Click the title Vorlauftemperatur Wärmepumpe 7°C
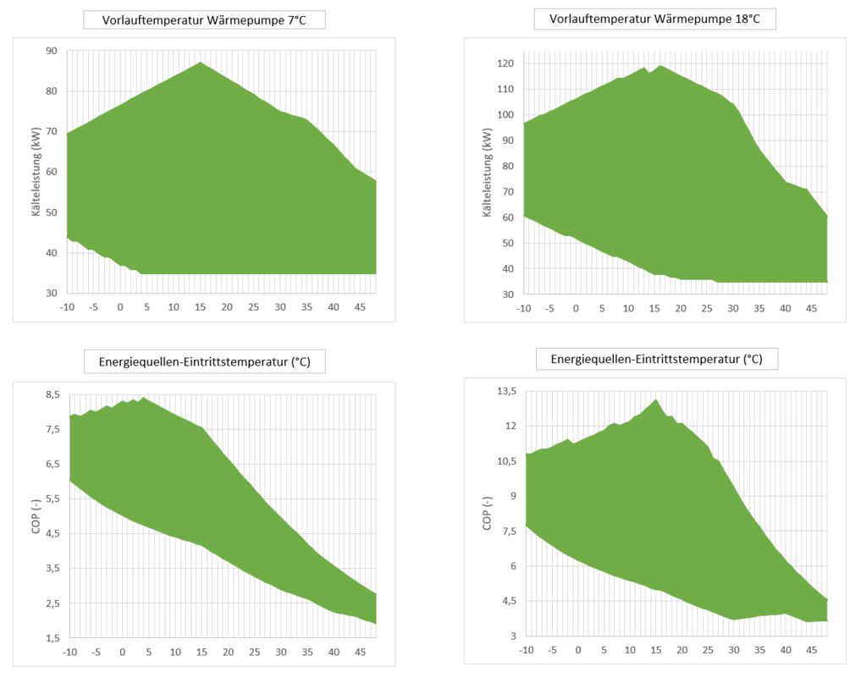pos(204,20)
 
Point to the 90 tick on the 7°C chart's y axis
pos(51,52)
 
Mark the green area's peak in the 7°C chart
pos(200,63)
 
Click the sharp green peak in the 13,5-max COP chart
pos(656,399)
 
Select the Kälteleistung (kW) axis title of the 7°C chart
pos(37,172)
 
